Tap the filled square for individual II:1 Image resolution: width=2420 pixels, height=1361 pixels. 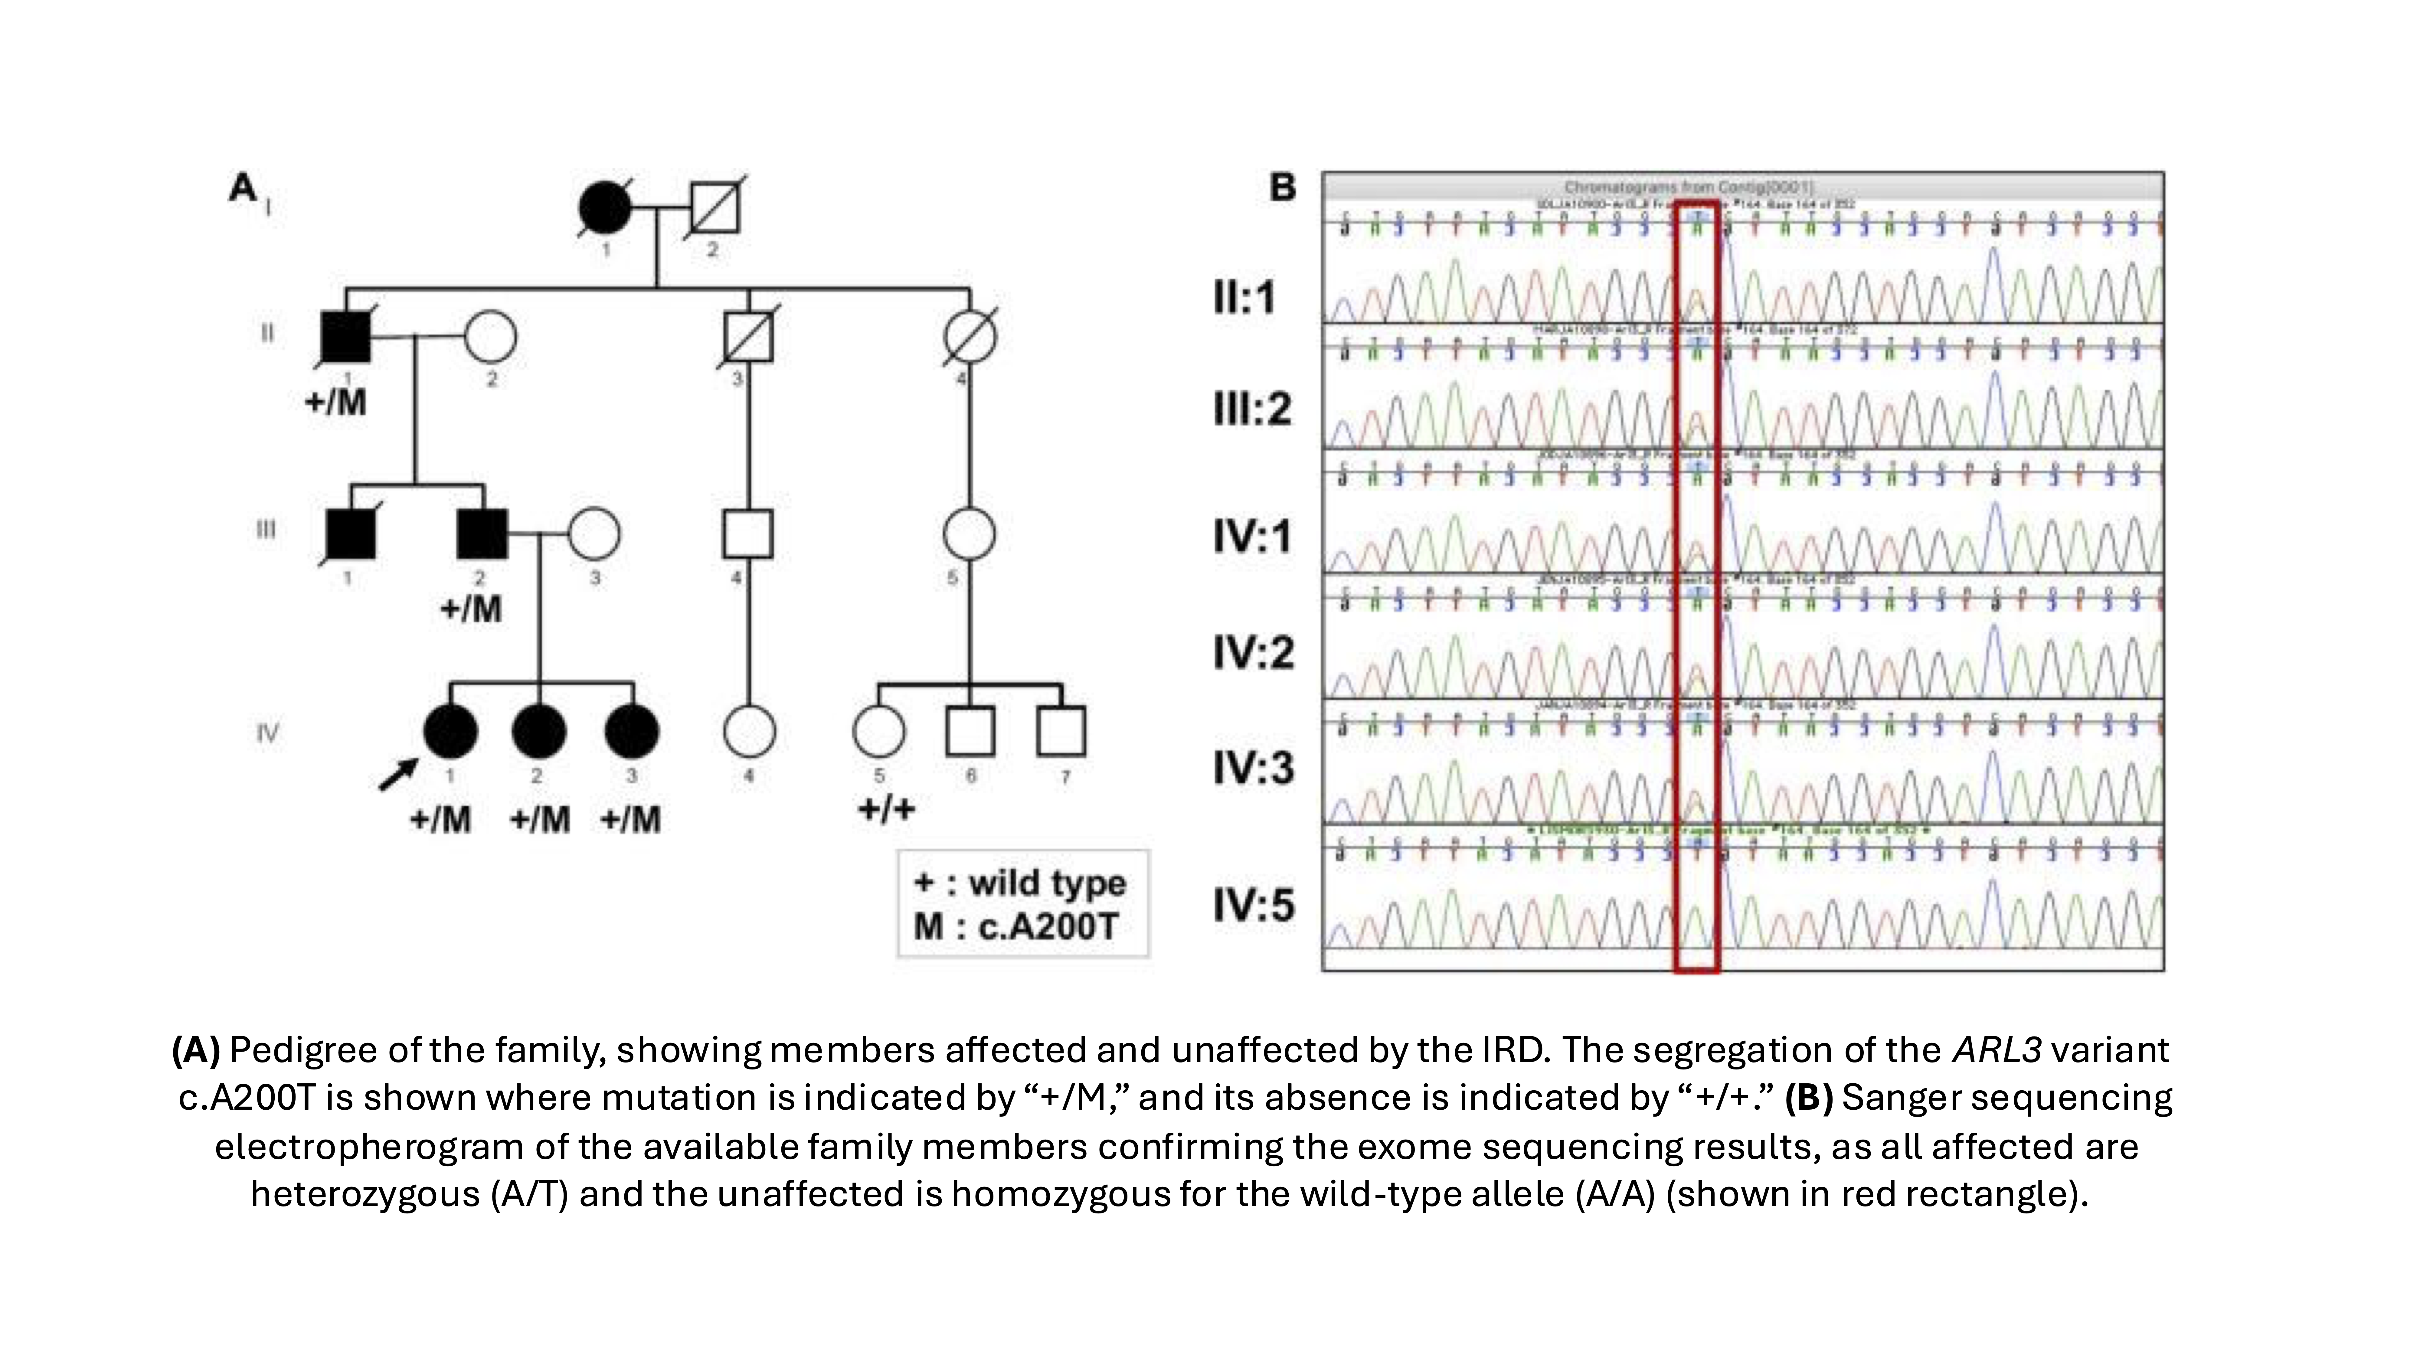[x=346, y=336]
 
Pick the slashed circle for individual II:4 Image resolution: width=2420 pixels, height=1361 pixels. [x=970, y=336]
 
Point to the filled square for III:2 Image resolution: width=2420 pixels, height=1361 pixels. [x=482, y=534]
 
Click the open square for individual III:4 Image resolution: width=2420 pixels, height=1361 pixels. [x=748, y=534]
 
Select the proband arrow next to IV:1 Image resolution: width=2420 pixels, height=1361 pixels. [x=397, y=775]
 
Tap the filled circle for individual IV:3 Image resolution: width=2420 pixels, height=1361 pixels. [x=631, y=731]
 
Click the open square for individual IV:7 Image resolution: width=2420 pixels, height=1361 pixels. [x=1061, y=731]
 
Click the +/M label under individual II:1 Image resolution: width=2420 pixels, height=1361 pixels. [x=335, y=403]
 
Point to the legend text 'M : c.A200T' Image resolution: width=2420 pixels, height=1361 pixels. [x=1015, y=927]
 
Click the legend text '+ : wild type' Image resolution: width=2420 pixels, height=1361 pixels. [x=1019, y=883]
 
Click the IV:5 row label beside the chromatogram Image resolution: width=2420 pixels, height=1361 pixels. [x=1253, y=906]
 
